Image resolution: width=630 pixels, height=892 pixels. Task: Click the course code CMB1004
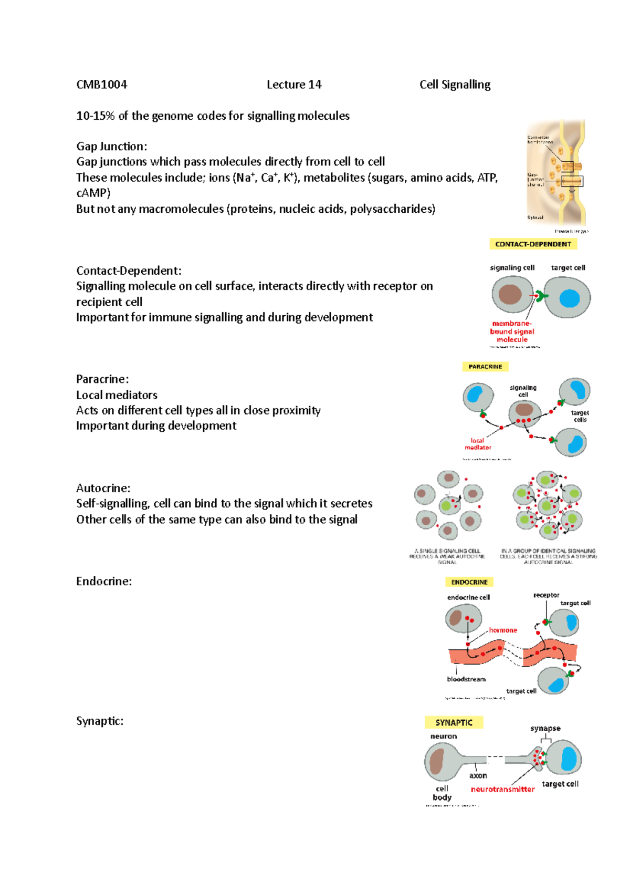tap(102, 85)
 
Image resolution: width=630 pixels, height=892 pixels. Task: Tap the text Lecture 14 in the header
tap(294, 85)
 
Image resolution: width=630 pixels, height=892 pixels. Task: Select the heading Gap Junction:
tap(111, 146)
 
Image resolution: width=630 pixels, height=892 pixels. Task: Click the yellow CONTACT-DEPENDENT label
tap(533, 244)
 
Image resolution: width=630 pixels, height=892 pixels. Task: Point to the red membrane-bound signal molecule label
tap(512, 331)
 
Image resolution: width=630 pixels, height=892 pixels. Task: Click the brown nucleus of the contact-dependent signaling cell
tap(510, 295)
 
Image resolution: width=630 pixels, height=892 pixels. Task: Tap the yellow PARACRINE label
tap(485, 367)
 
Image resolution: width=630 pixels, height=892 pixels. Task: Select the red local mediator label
tap(478, 444)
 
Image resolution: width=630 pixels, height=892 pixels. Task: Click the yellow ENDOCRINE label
tap(469, 582)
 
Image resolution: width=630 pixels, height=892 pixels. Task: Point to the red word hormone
tap(503, 630)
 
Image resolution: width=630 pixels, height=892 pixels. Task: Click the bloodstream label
tap(466, 679)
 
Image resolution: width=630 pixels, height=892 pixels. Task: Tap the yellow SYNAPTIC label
tap(454, 723)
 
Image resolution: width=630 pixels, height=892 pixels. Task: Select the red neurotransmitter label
tap(502, 789)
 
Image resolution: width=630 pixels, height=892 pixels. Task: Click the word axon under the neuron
tap(478, 775)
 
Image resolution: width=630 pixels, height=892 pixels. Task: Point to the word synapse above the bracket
tap(545, 729)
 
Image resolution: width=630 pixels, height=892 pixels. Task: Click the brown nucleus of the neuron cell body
tap(437, 763)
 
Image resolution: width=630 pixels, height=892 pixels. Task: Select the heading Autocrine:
tap(103, 488)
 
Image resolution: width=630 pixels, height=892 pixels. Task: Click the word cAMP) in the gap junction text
tap(93, 193)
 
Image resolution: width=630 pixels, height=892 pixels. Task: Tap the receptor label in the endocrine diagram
tap(546, 595)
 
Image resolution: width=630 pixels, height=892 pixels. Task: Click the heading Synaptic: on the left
tap(100, 721)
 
